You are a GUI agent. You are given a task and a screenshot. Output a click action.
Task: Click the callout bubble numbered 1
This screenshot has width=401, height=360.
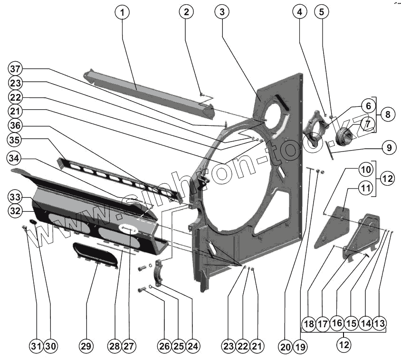point(122,12)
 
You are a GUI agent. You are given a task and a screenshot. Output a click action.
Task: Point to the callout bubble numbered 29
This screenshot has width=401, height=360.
point(86,347)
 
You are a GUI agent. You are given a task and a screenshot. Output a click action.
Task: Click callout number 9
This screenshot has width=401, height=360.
point(389,148)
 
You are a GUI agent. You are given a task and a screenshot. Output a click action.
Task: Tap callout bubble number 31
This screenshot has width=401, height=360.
point(36,347)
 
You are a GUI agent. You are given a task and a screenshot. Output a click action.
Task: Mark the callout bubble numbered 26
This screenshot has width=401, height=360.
point(164,347)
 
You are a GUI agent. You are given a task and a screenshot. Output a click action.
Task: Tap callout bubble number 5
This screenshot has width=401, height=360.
point(322,12)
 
